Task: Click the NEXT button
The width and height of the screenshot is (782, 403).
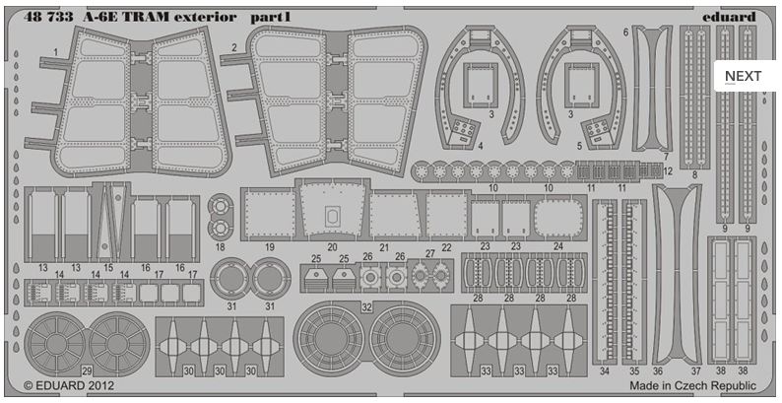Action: click(x=743, y=76)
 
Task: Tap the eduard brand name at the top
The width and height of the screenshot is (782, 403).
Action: click(x=731, y=16)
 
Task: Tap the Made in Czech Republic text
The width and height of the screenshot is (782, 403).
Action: click(x=693, y=388)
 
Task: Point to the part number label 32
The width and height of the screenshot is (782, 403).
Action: click(x=366, y=308)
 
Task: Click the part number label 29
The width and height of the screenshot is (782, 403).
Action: click(x=87, y=369)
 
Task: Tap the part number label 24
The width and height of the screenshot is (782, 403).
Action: click(x=558, y=246)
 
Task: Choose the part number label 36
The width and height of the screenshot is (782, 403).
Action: click(x=657, y=370)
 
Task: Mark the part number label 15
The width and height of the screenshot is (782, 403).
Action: click(x=108, y=267)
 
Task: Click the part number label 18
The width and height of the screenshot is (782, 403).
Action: click(x=220, y=246)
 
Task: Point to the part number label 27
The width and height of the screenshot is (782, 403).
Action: click(x=429, y=254)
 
